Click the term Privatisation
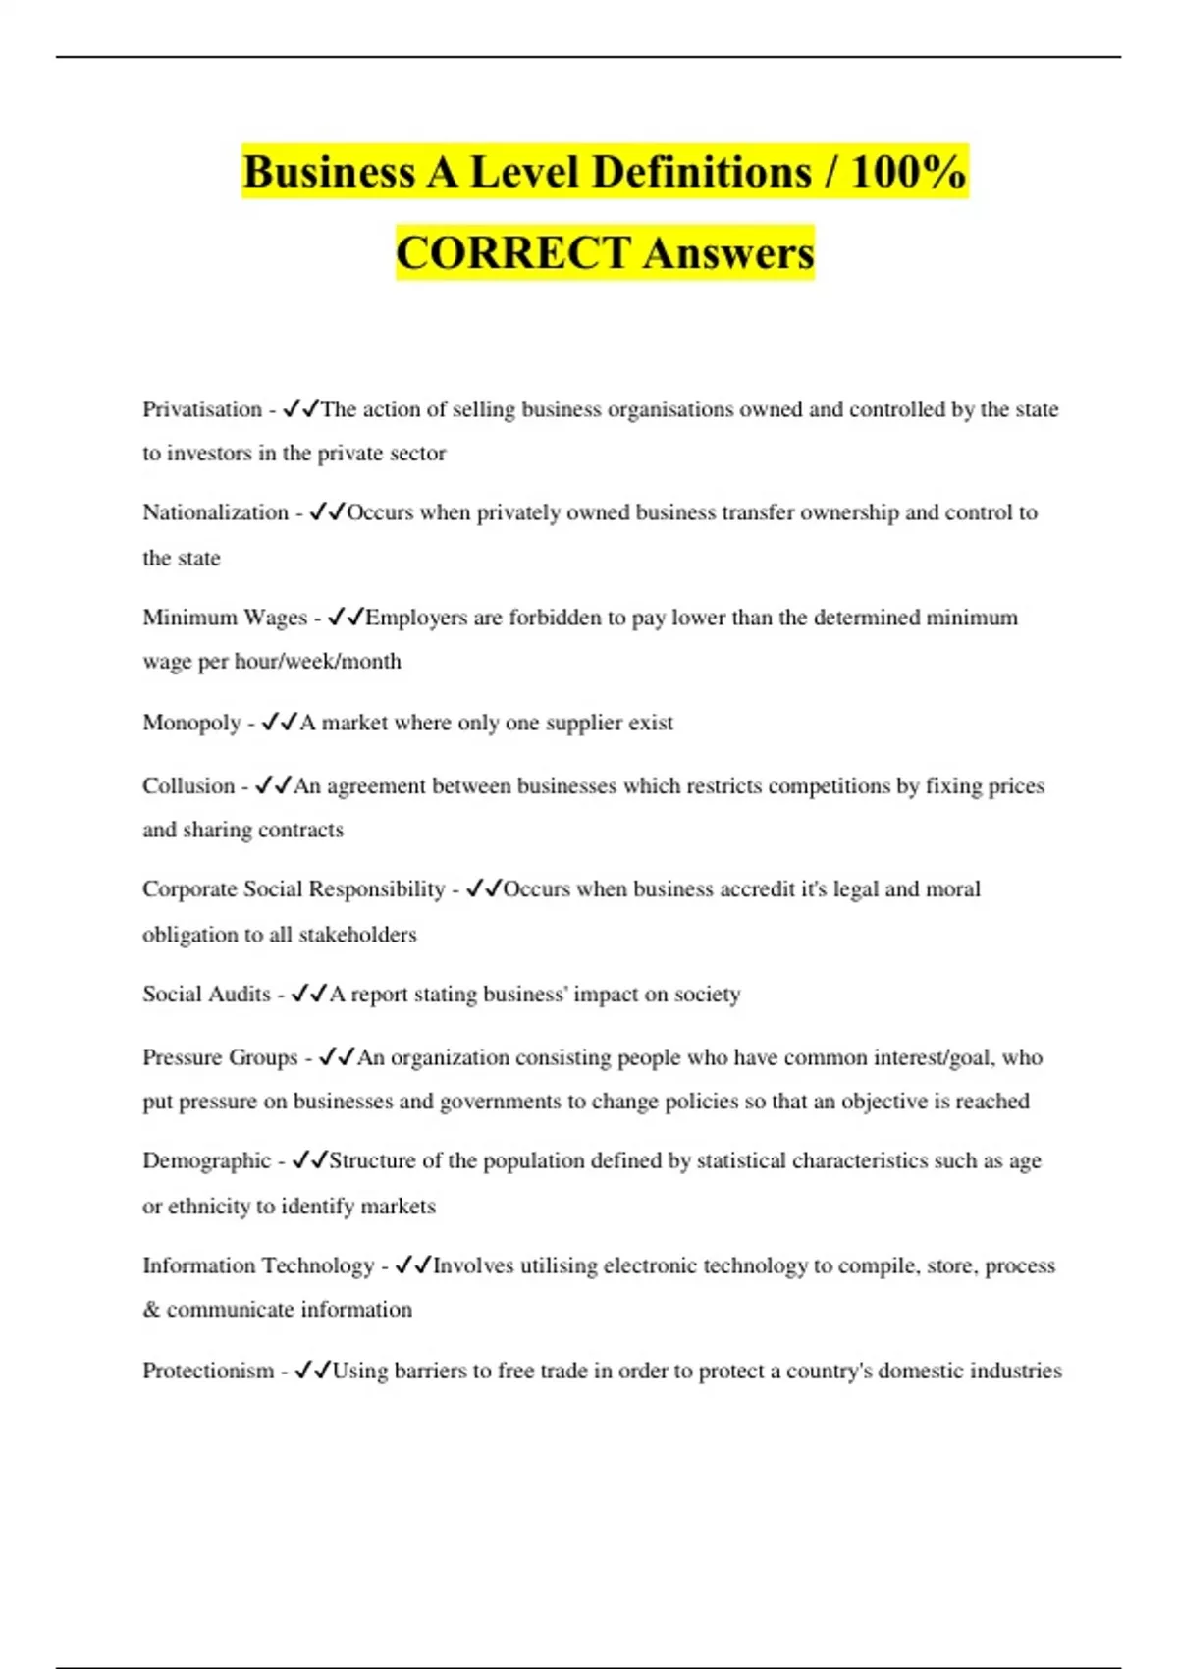[x=201, y=409]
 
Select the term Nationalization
[x=215, y=512]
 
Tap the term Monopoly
[x=191, y=723]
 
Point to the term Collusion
[x=188, y=786]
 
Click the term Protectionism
[x=208, y=1371]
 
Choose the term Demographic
[x=206, y=1160]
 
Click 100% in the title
[x=908, y=172]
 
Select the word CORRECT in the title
[x=512, y=253]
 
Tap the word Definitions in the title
[x=702, y=172]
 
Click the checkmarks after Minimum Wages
[x=346, y=617]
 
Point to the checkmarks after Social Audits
[x=309, y=994]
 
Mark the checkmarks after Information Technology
[x=413, y=1265]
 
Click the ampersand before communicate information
[x=151, y=1310]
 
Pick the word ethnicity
[x=209, y=1206]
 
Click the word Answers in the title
[x=729, y=253]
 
